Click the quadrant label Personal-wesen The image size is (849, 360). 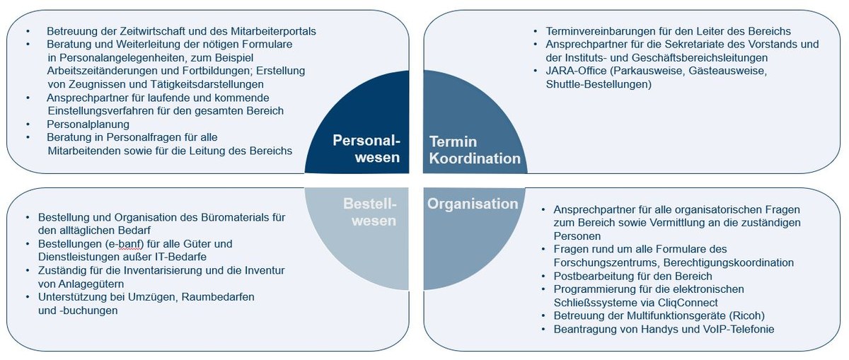click(366, 149)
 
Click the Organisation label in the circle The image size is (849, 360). click(473, 204)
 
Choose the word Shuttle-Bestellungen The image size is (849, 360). click(599, 85)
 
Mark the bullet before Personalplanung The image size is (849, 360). click(28, 124)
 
